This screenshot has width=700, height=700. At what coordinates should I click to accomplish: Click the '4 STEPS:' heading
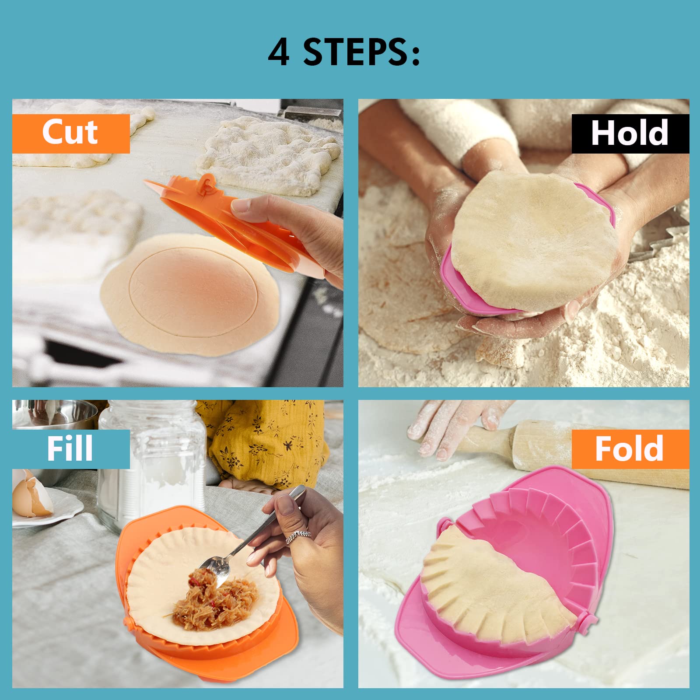coord(344,52)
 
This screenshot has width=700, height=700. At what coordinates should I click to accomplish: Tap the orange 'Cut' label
coord(70,133)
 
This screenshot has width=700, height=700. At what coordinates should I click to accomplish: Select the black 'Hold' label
coord(630,133)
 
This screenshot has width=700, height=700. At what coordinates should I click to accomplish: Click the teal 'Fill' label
coord(70,449)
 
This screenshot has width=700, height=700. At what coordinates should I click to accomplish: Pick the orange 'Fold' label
coord(630,449)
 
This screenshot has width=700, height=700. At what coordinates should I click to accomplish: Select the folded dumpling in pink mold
coord(494,582)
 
